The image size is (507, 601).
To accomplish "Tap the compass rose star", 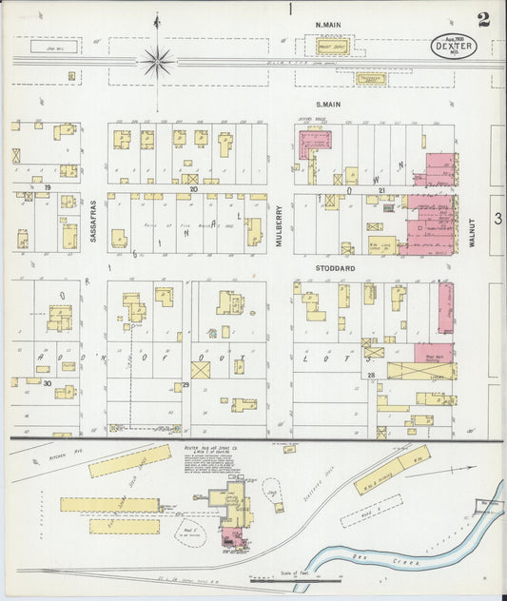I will (157, 62).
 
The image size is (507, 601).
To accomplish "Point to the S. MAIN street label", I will (328, 104).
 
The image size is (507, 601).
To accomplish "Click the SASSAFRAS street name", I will (93, 221).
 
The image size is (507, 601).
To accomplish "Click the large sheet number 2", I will (483, 20).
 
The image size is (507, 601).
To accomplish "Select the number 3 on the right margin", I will (497, 218).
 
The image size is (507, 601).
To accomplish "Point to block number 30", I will (47, 383).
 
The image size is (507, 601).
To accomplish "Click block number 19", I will (46, 188).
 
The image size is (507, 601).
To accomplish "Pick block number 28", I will (372, 377).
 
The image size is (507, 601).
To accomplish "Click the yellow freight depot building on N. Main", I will (331, 46).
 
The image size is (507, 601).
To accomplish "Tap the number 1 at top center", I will (289, 10).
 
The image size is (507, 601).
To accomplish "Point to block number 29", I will (186, 384).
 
